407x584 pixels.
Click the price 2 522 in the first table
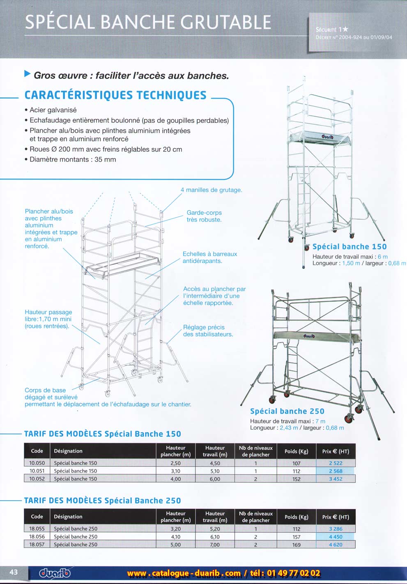[336, 463]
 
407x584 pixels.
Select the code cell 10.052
[37, 479]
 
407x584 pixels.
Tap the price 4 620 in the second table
[336, 545]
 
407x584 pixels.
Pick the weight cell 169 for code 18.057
[297, 545]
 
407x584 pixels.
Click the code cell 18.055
[37, 529]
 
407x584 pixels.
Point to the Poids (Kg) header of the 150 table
[297, 451]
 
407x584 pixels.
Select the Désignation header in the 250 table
[68, 517]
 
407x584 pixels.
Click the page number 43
[14, 572]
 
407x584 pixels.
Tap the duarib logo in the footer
[55, 573]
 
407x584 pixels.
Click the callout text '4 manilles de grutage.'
[211, 190]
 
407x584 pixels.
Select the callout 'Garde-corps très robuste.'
[204, 216]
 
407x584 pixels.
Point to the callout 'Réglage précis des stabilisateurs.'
[208, 331]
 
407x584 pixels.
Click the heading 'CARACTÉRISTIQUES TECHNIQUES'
[115, 95]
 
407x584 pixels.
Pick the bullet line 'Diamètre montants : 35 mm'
[73, 159]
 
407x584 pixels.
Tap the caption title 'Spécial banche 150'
[350, 247]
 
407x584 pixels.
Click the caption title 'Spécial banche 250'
[287, 411]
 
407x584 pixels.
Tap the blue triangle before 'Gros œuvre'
[28, 74]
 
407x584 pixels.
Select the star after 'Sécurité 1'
[345, 29]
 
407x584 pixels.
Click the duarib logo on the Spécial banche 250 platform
[309, 336]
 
